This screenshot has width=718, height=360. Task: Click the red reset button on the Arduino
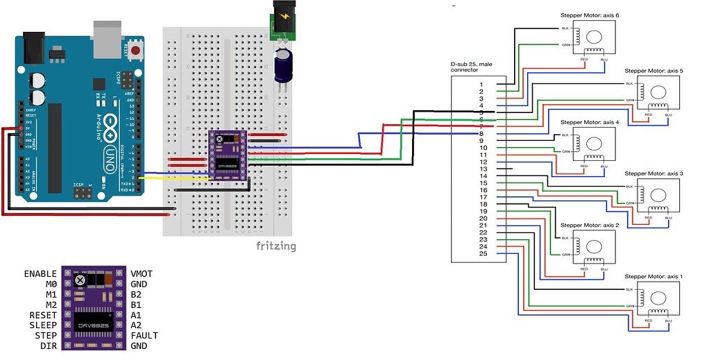137,51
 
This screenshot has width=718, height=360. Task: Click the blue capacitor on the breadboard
283,63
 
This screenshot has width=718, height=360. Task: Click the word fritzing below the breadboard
276,246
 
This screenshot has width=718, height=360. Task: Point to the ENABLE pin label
40,274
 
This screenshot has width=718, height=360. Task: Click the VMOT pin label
144,274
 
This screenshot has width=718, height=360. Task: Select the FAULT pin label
145,336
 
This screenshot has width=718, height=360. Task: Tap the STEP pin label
45,336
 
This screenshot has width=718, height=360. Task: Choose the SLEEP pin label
43,325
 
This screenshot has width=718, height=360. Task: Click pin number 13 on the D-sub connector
483,169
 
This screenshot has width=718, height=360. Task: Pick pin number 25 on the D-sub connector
483,253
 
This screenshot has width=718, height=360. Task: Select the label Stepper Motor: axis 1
653,276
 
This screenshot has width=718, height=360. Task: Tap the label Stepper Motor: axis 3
653,173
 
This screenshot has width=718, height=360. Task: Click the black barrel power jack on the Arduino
33,46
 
